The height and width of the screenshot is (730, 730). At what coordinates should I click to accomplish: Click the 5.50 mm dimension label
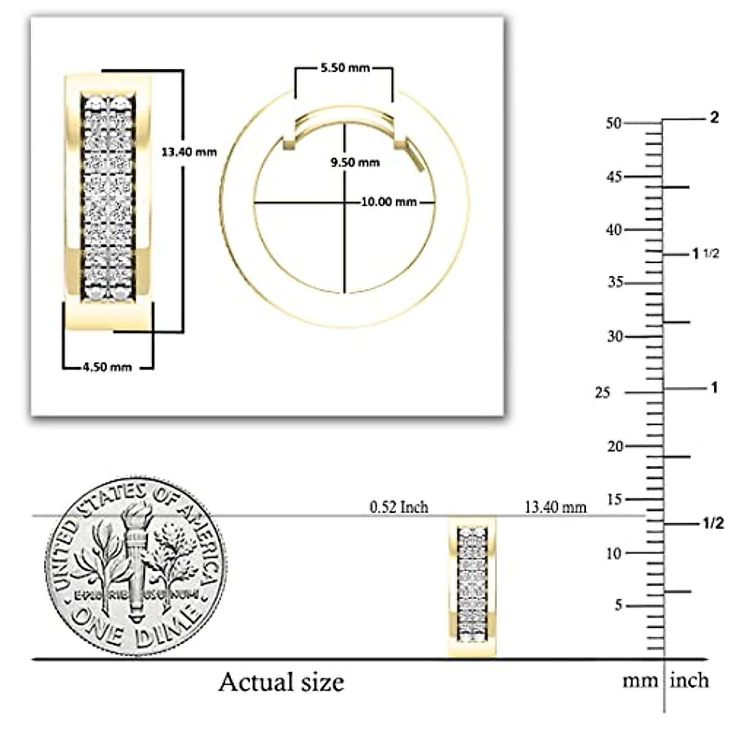click(345, 68)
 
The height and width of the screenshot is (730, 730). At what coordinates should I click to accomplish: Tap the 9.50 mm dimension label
click(355, 162)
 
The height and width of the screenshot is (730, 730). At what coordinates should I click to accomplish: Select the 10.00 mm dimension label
click(389, 202)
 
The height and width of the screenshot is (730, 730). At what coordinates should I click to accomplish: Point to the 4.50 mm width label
click(107, 367)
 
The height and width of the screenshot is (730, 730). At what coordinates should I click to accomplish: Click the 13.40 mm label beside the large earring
click(189, 152)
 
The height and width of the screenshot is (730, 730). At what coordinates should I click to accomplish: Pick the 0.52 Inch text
click(399, 507)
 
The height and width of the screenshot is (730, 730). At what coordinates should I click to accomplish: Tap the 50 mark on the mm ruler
click(614, 123)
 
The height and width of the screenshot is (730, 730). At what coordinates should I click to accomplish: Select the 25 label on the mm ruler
click(602, 393)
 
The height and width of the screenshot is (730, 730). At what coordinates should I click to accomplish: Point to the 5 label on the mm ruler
click(618, 605)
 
